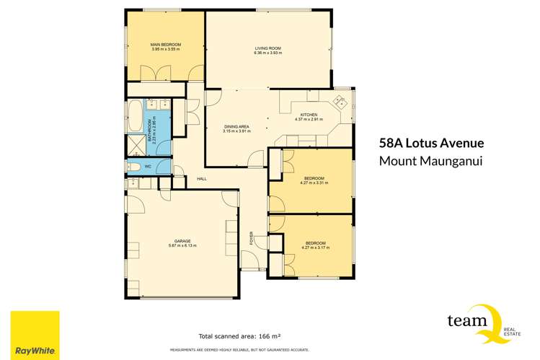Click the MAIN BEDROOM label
tap(166, 45)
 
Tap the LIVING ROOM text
tap(267, 48)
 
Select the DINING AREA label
tap(235, 127)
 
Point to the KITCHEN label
tap(309, 115)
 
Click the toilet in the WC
tap(134, 167)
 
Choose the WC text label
tap(148, 167)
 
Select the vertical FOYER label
tap(252, 238)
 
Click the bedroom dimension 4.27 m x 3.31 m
tap(314, 183)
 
